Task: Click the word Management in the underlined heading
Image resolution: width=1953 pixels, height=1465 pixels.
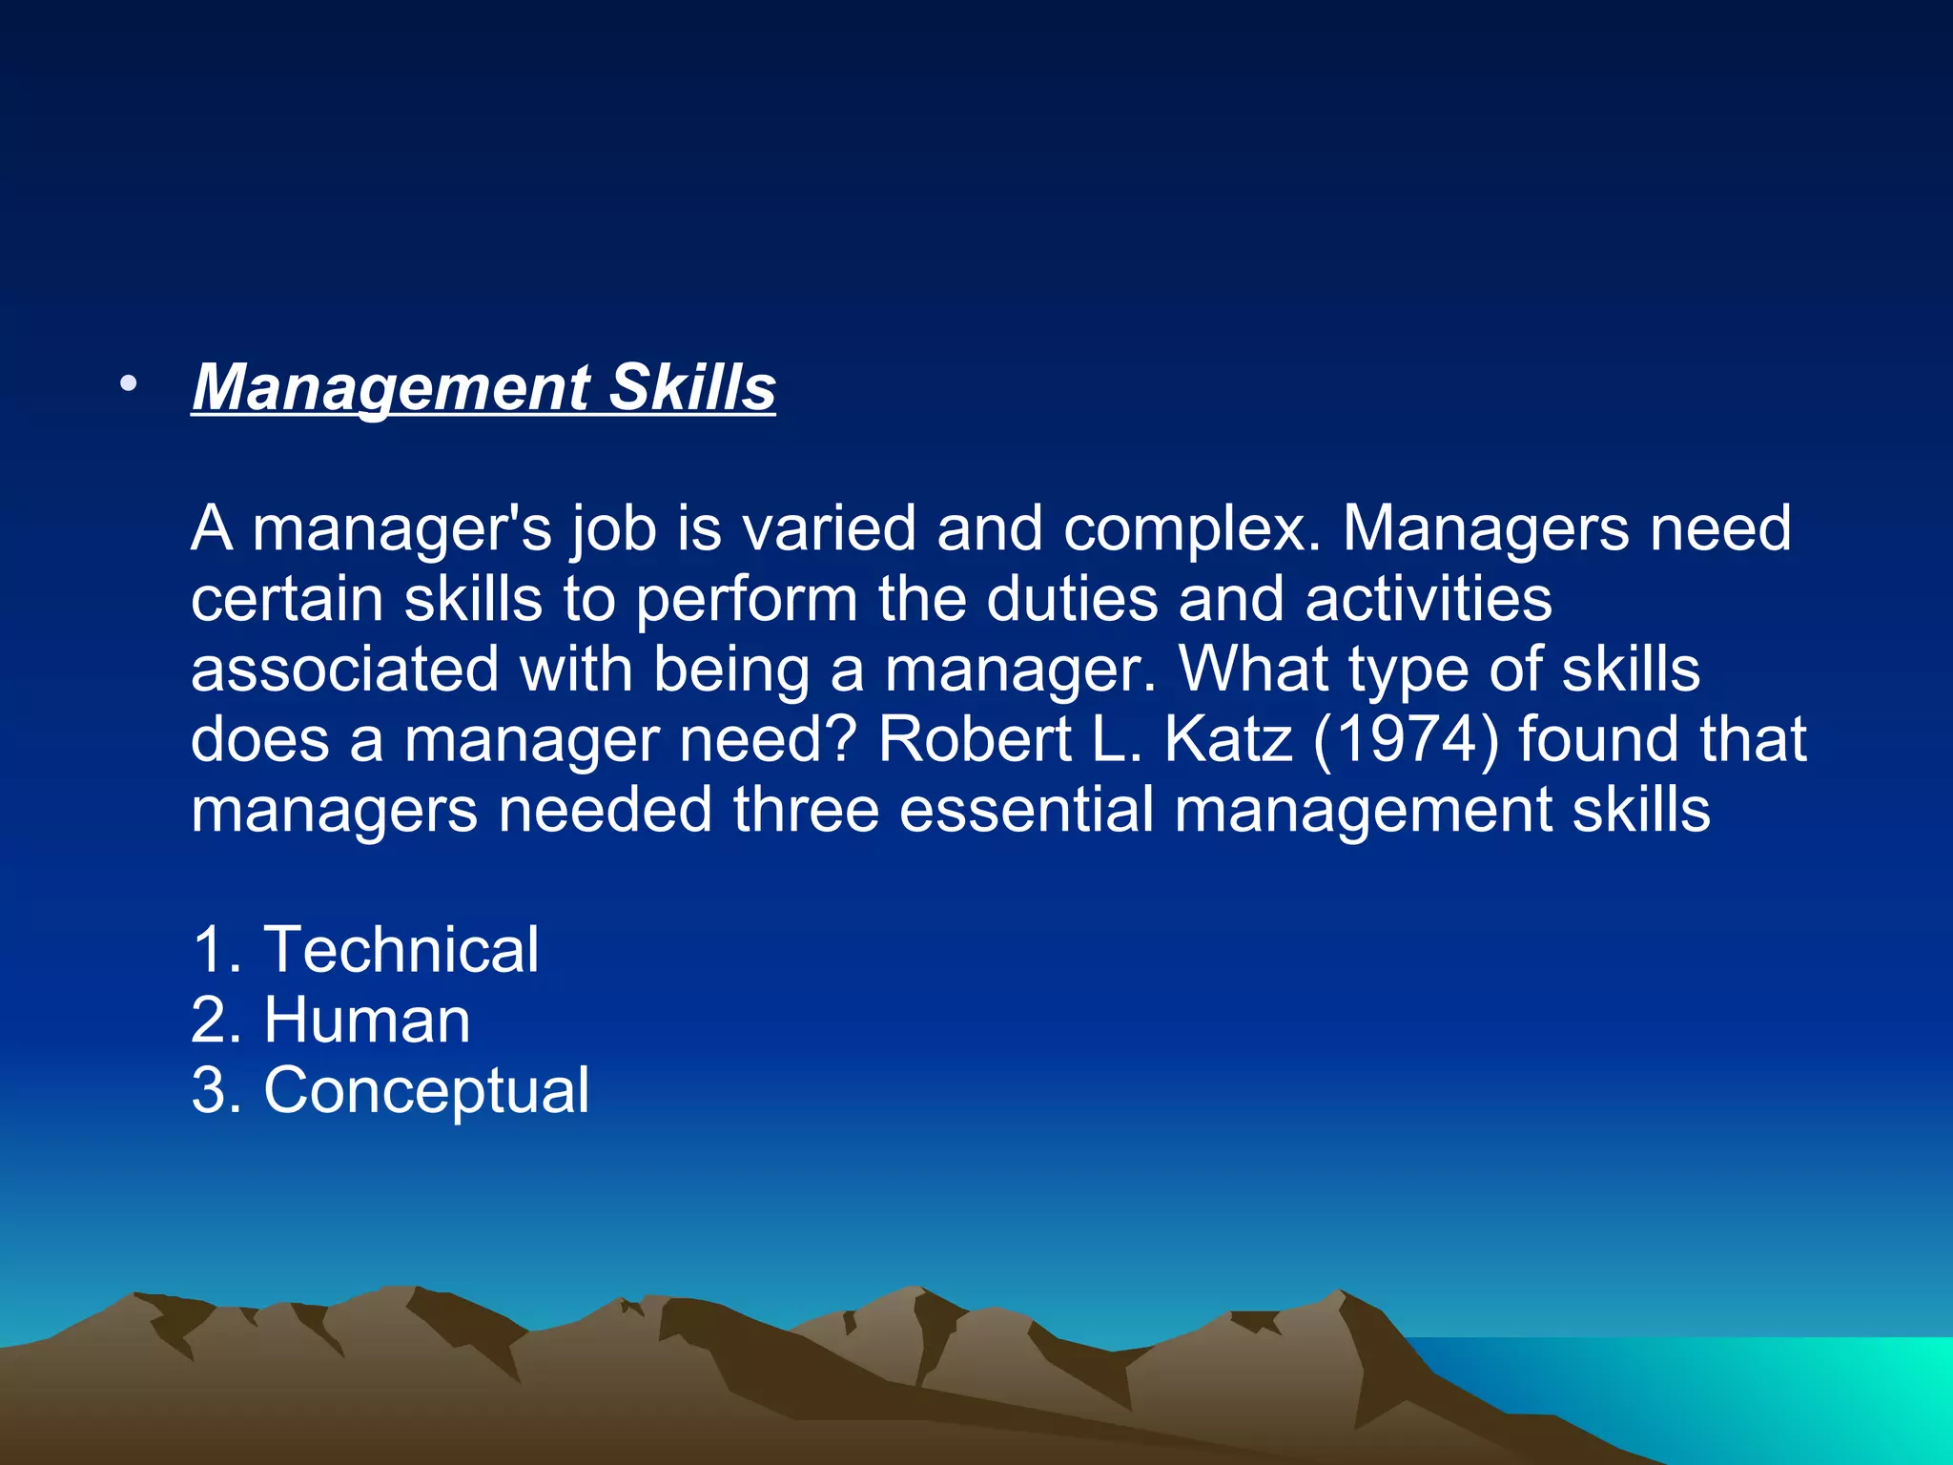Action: click(x=391, y=388)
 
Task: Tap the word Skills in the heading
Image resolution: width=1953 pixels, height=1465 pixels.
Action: click(x=692, y=388)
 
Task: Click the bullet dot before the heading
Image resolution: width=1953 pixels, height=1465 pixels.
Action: click(x=129, y=385)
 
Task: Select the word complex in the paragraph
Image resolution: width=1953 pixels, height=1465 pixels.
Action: click(x=1192, y=528)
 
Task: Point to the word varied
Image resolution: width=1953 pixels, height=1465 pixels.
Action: click(x=830, y=528)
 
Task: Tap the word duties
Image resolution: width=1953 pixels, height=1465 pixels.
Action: click(x=1072, y=599)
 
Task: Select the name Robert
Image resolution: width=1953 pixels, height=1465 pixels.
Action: click(x=975, y=739)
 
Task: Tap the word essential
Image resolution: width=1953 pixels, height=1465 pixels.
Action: click(x=1026, y=810)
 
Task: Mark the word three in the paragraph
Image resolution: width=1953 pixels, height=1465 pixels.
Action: click(x=806, y=810)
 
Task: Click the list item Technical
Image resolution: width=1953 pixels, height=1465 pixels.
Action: click(x=401, y=950)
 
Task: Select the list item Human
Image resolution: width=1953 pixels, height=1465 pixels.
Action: click(x=367, y=1021)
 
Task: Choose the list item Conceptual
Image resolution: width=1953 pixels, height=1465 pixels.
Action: click(x=426, y=1091)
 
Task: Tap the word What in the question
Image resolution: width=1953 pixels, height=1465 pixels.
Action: click(x=1253, y=670)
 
